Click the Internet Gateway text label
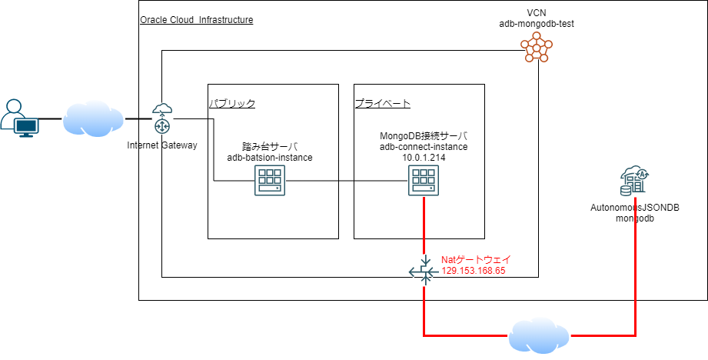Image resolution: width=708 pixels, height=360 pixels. point(162,145)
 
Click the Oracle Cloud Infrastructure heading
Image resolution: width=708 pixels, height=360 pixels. point(196,19)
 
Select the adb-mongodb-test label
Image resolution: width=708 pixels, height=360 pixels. point(536,24)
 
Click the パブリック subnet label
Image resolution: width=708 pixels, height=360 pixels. point(232,103)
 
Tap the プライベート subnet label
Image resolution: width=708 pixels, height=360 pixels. point(382,103)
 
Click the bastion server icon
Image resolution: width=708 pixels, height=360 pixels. point(269,182)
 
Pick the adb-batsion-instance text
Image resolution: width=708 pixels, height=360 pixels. point(269,157)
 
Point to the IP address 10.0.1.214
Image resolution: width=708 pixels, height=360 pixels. point(424,157)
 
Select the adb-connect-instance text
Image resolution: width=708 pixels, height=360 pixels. point(424,146)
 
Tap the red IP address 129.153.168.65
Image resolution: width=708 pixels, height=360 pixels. point(473,271)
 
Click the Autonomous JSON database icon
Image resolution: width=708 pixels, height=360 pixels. point(635,182)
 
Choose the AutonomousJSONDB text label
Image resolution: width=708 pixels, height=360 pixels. point(635,208)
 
